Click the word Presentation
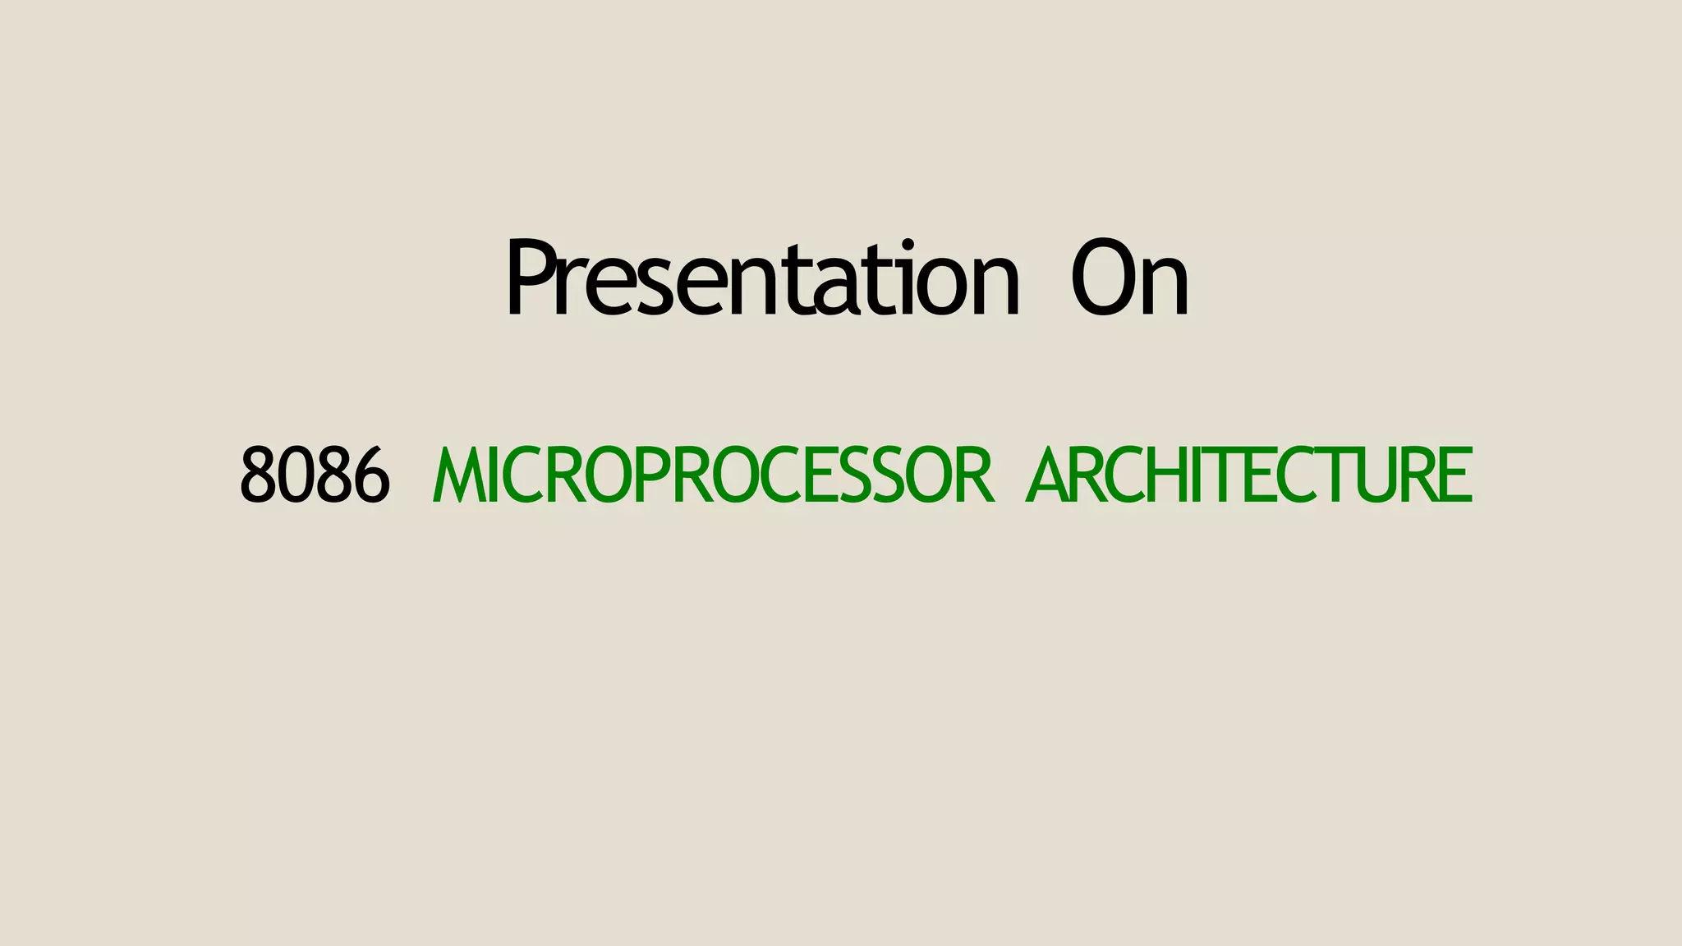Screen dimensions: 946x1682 762,279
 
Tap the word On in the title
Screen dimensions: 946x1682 1130,279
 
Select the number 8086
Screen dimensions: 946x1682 315,475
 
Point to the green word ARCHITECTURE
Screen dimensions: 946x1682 1249,475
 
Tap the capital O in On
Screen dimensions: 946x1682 1103,279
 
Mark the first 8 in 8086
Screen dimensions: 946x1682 257,475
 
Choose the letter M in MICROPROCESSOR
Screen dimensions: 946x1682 457,475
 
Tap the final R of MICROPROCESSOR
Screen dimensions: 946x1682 977,475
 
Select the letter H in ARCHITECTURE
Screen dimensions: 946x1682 1166,475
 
